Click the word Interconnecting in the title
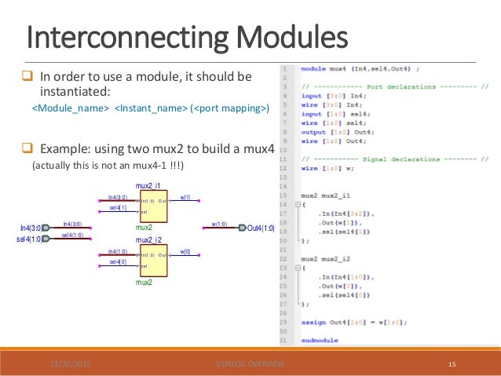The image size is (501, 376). coord(108,38)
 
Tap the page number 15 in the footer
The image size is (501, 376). coord(452,364)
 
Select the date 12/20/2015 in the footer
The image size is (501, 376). coord(71,364)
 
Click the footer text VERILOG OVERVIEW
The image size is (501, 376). coord(250,364)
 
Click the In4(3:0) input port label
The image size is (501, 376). coord(31,228)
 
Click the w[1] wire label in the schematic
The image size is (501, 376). coord(185,198)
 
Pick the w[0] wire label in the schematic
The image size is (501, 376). coord(185,251)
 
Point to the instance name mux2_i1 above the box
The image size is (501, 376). coord(148,186)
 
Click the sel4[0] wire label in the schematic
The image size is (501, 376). coord(118,262)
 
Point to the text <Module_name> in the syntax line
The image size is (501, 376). coord(69,108)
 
